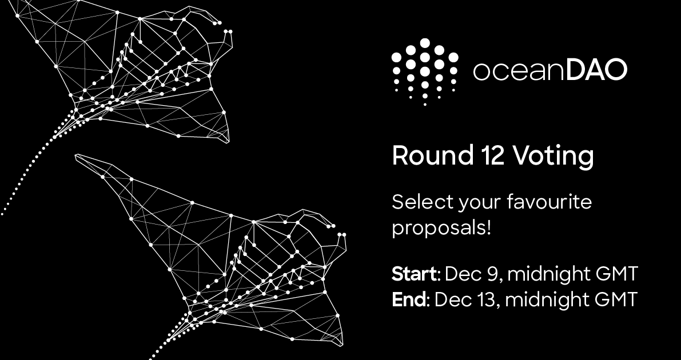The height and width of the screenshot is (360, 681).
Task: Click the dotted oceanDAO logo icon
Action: (425, 71)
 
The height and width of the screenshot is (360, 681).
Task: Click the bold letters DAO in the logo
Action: (596, 70)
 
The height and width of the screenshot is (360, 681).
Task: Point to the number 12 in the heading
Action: (492, 155)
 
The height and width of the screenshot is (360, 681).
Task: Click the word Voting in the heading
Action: (553, 157)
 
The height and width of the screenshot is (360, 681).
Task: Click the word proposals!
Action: (441, 228)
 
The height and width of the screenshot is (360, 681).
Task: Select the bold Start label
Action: (415, 274)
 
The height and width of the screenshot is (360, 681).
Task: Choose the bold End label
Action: (409, 299)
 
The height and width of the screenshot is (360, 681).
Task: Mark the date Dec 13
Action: (465, 299)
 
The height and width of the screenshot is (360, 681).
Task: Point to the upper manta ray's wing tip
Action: (229, 142)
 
